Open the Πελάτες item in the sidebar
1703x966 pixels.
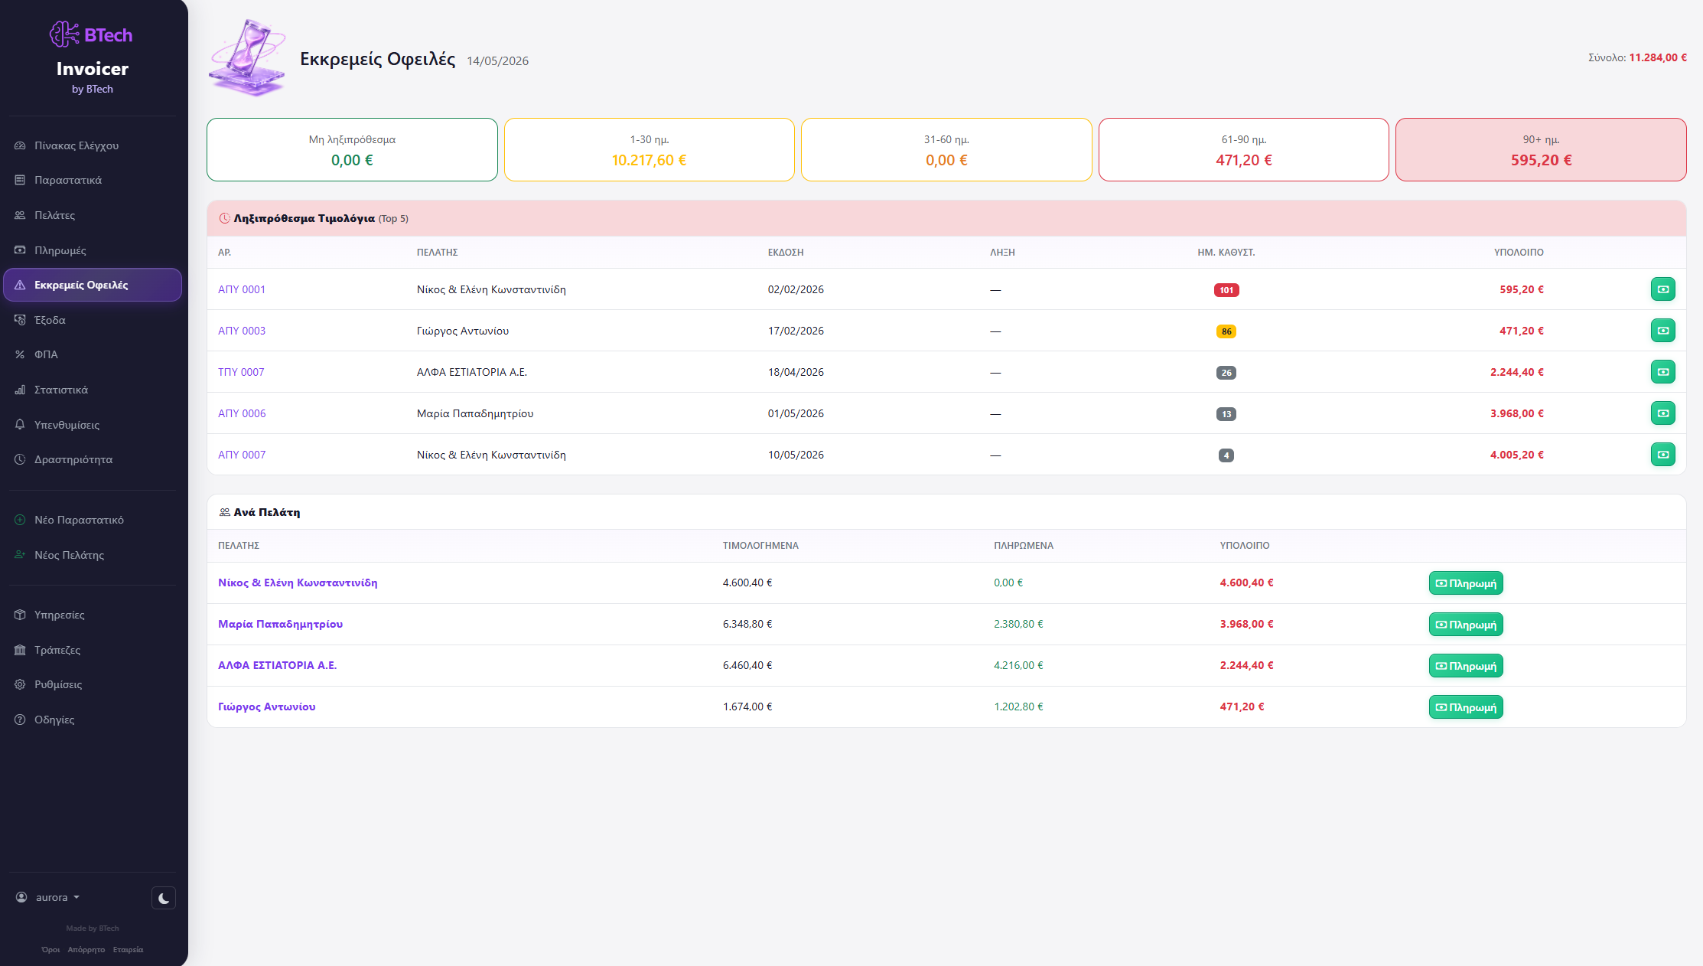click(54, 215)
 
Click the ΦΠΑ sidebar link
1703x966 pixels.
click(46, 354)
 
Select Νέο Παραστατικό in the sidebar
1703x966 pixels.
click(79, 520)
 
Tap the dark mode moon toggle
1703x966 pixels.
click(164, 898)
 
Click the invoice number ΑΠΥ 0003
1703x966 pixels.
click(242, 331)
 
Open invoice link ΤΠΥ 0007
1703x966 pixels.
click(241, 372)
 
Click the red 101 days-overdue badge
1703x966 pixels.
click(1226, 290)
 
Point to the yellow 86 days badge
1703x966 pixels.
click(1226, 331)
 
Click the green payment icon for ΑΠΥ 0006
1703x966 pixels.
click(1662, 413)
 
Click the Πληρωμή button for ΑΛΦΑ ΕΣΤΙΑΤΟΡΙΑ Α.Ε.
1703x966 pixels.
click(1466, 666)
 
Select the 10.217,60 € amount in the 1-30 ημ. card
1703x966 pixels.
click(649, 160)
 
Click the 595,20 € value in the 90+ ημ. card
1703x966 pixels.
click(1541, 160)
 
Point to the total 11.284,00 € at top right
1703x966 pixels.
click(1658, 57)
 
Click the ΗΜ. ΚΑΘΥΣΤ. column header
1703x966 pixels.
click(1226, 252)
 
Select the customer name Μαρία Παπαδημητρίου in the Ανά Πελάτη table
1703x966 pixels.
click(280, 624)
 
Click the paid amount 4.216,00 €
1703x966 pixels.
click(1018, 665)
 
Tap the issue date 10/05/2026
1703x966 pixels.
click(796, 455)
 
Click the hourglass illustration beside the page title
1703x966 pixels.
click(247, 58)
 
